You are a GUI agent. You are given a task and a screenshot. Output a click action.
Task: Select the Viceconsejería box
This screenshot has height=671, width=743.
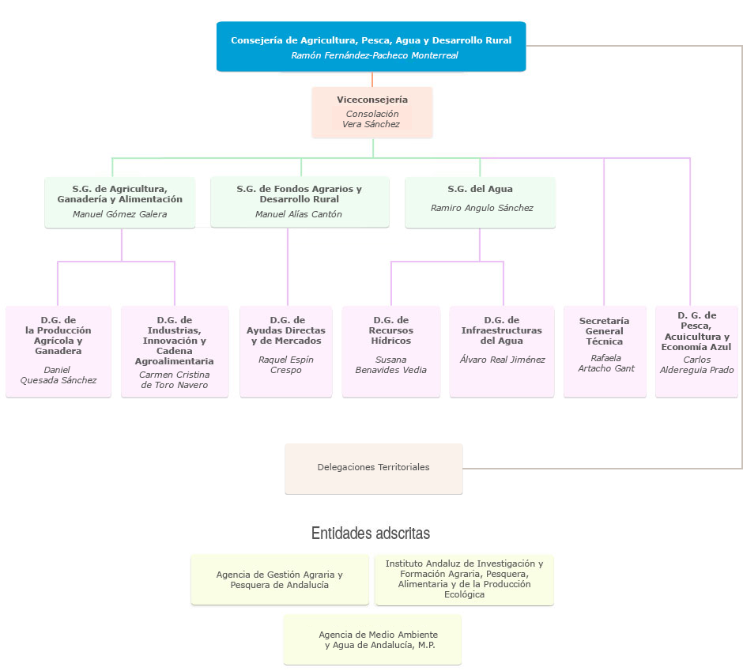tap(371, 112)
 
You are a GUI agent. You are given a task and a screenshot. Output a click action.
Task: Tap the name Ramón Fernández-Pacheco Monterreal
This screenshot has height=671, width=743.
tap(374, 56)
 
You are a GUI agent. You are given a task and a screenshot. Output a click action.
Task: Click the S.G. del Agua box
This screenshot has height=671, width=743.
tap(480, 202)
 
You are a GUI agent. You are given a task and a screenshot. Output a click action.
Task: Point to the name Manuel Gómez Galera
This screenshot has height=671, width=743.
tap(119, 214)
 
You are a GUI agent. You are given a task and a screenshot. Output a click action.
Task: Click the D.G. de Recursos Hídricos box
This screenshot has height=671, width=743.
tap(390, 351)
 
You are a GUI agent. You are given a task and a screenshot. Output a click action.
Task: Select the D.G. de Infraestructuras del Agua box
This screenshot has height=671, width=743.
tap(501, 351)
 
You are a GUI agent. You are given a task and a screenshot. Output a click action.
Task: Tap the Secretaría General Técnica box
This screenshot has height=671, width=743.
tap(604, 351)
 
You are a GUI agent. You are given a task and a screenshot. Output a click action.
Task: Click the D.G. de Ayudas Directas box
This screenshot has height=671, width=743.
tap(285, 351)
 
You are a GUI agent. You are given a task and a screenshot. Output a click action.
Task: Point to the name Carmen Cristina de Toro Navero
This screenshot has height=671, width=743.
tap(174, 380)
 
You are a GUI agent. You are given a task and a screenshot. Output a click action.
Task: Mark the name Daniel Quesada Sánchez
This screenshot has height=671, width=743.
tap(58, 375)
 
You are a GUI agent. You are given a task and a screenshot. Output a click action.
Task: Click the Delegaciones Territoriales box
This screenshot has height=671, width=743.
tap(373, 468)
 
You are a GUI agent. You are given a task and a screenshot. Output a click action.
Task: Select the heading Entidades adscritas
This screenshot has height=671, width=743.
tap(371, 533)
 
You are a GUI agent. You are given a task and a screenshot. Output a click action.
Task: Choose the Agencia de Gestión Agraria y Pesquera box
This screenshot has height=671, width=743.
tap(279, 579)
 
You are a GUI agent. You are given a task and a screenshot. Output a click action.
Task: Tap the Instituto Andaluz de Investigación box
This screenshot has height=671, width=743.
tap(464, 579)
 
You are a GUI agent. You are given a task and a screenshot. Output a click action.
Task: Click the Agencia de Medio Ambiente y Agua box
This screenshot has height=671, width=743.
tap(372, 639)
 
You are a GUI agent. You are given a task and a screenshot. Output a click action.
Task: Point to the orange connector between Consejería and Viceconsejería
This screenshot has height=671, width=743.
tap(372, 79)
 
